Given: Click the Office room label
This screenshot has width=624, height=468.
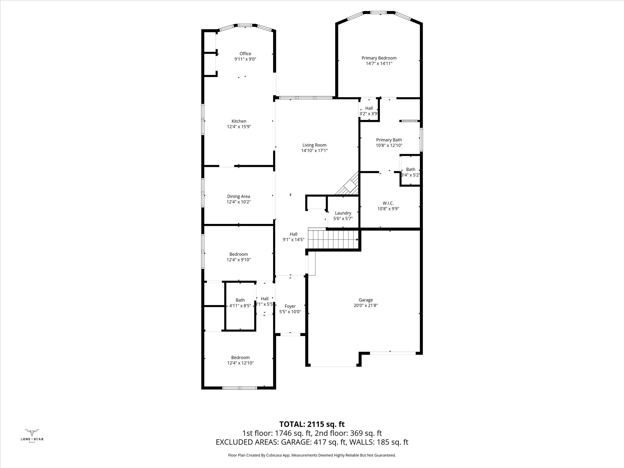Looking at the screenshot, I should tap(245, 54).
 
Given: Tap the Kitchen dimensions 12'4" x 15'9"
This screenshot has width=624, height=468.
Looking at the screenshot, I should tap(239, 127).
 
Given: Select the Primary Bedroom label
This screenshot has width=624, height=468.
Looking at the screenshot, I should tap(379, 58).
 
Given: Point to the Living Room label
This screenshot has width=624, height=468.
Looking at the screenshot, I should tap(314, 145).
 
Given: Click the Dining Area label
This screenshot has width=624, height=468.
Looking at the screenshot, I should tap(239, 197).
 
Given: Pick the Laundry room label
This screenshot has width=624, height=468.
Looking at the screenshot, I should tap(343, 213).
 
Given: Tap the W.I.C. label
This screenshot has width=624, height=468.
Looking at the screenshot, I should tap(388, 203).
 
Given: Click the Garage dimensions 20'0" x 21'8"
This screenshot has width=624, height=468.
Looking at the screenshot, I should tap(366, 306).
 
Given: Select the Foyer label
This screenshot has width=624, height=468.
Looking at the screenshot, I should tap(290, 306).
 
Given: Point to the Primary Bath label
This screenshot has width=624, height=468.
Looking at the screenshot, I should tap(389, 140).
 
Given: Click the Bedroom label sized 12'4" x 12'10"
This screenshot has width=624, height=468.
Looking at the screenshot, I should tap(240, 357).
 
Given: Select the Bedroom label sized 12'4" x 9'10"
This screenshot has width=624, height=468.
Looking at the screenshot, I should tap(239, 254).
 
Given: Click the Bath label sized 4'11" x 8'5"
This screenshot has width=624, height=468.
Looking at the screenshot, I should tap(240, 300).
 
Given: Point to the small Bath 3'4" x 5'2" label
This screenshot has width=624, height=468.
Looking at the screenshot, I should tap(411, 169).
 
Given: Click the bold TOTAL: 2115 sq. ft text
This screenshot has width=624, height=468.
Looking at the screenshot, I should tap(312, 424).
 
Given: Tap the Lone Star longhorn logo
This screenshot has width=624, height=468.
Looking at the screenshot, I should tap(32, 433).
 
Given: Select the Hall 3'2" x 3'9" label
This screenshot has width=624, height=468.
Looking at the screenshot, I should tap(369, 108).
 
